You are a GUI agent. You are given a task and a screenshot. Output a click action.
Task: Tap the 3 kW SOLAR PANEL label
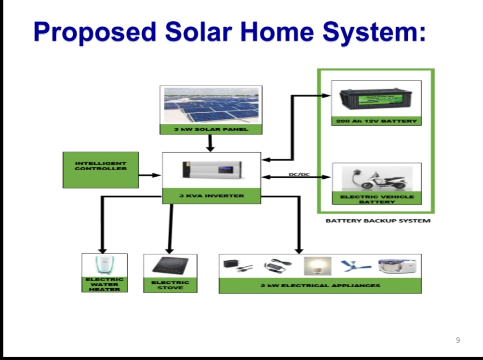211,129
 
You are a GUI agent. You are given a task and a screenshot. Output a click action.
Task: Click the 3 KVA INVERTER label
212,196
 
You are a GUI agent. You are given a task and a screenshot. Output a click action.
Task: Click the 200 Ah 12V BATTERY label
376,120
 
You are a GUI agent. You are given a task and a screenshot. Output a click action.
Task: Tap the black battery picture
376,99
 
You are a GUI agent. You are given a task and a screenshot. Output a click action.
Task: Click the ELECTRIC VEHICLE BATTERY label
376,199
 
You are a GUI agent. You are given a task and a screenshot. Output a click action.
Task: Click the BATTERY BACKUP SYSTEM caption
378,221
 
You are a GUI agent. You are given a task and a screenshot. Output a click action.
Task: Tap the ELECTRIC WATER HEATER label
105,284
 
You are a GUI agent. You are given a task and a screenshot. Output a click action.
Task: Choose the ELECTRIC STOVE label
170,285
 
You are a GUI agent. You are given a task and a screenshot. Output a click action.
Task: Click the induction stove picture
170,266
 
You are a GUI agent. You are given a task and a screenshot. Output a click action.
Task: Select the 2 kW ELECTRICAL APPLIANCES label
320,286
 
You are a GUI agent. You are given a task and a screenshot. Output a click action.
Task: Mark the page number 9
458,340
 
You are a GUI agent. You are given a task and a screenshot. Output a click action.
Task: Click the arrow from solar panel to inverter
210,143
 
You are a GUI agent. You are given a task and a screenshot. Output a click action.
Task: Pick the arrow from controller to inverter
150,175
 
